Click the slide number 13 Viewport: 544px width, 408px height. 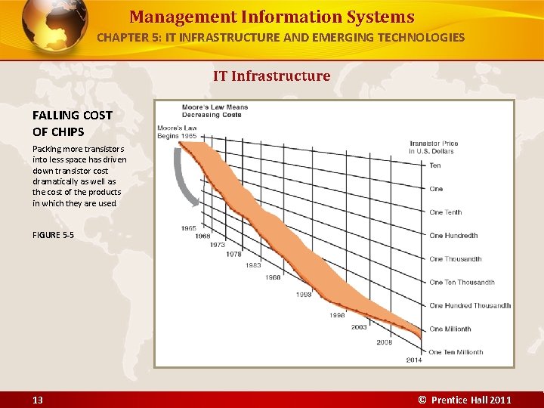[37, 400]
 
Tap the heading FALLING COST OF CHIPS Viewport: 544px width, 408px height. [72, 123]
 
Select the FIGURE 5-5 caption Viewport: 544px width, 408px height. [53, 235]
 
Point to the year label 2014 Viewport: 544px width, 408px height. [414, 360]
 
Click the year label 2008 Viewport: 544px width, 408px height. [385, 342]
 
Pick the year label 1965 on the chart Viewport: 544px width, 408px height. [189, 227]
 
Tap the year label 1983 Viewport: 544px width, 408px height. [253, 265]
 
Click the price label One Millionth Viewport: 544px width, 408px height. [450, 329]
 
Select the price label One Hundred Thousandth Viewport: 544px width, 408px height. [470, 305]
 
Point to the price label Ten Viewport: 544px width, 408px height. [435, 165]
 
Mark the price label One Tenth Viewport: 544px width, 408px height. [445, 212]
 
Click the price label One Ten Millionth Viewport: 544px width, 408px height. [456, 352]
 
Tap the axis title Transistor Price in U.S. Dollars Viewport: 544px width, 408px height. [434, 147]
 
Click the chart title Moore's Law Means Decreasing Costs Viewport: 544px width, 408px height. [215, 111]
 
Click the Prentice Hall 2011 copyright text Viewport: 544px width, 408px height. [465, 400]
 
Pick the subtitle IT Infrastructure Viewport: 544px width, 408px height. [271, 76]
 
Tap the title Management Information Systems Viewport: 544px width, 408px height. [271, 17]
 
